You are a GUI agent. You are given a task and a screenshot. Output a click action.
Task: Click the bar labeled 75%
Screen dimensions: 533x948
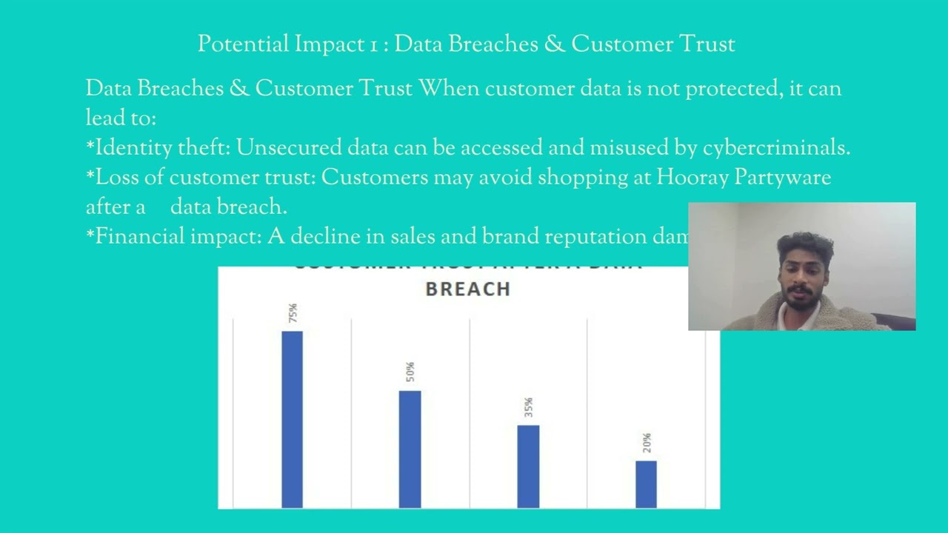point(292,419)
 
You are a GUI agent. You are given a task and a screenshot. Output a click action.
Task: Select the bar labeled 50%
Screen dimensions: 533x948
point(410,449)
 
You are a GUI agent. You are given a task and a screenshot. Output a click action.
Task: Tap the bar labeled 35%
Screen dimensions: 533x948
point(528,466)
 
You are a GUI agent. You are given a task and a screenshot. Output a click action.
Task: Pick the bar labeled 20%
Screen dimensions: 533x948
point(646,484)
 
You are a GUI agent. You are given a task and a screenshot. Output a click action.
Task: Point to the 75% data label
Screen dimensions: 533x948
point(293,312)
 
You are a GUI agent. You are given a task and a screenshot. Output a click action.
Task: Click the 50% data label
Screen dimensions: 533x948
point(410,372)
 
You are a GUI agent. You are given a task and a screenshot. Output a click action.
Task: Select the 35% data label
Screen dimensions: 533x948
point(528,407)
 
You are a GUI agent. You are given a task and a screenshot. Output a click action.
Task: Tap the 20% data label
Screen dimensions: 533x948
point(647,443)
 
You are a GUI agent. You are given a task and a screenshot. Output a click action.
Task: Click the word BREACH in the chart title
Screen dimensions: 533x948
point(468,289)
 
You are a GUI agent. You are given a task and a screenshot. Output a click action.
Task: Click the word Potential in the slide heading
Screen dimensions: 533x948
point(243,44)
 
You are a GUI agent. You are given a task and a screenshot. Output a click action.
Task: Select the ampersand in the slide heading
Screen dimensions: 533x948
point(554,44)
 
